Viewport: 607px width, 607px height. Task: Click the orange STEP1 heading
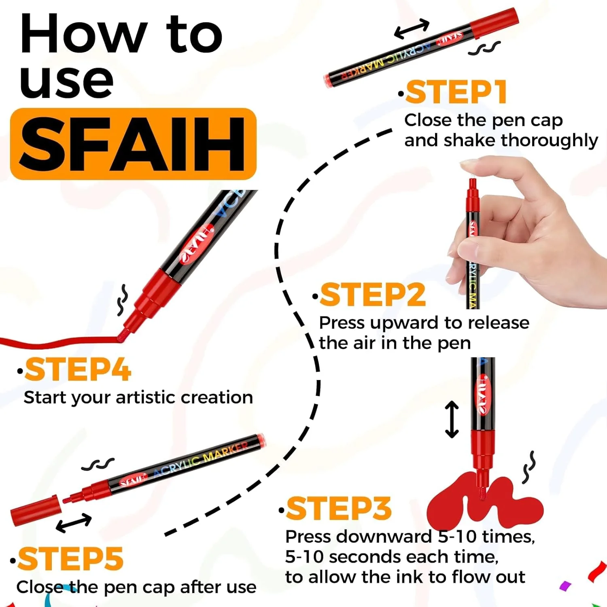coord(456,92)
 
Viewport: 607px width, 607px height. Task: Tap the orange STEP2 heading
coord(373,295)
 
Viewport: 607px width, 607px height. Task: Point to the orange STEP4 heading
coord(78,369)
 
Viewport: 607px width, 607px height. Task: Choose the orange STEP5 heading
coord(70,559)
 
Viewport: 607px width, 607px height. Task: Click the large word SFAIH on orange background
coord(133,144)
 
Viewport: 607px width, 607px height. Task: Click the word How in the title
coord(83,34)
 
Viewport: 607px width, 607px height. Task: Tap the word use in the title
coord(67,81)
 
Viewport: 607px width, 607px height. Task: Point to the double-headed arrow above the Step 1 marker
coord(412,29)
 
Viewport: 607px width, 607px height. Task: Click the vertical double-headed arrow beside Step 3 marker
coord(452,420)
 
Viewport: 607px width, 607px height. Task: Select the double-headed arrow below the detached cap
coord(74,522)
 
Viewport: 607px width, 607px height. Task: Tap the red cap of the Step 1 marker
coord(495,22)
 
